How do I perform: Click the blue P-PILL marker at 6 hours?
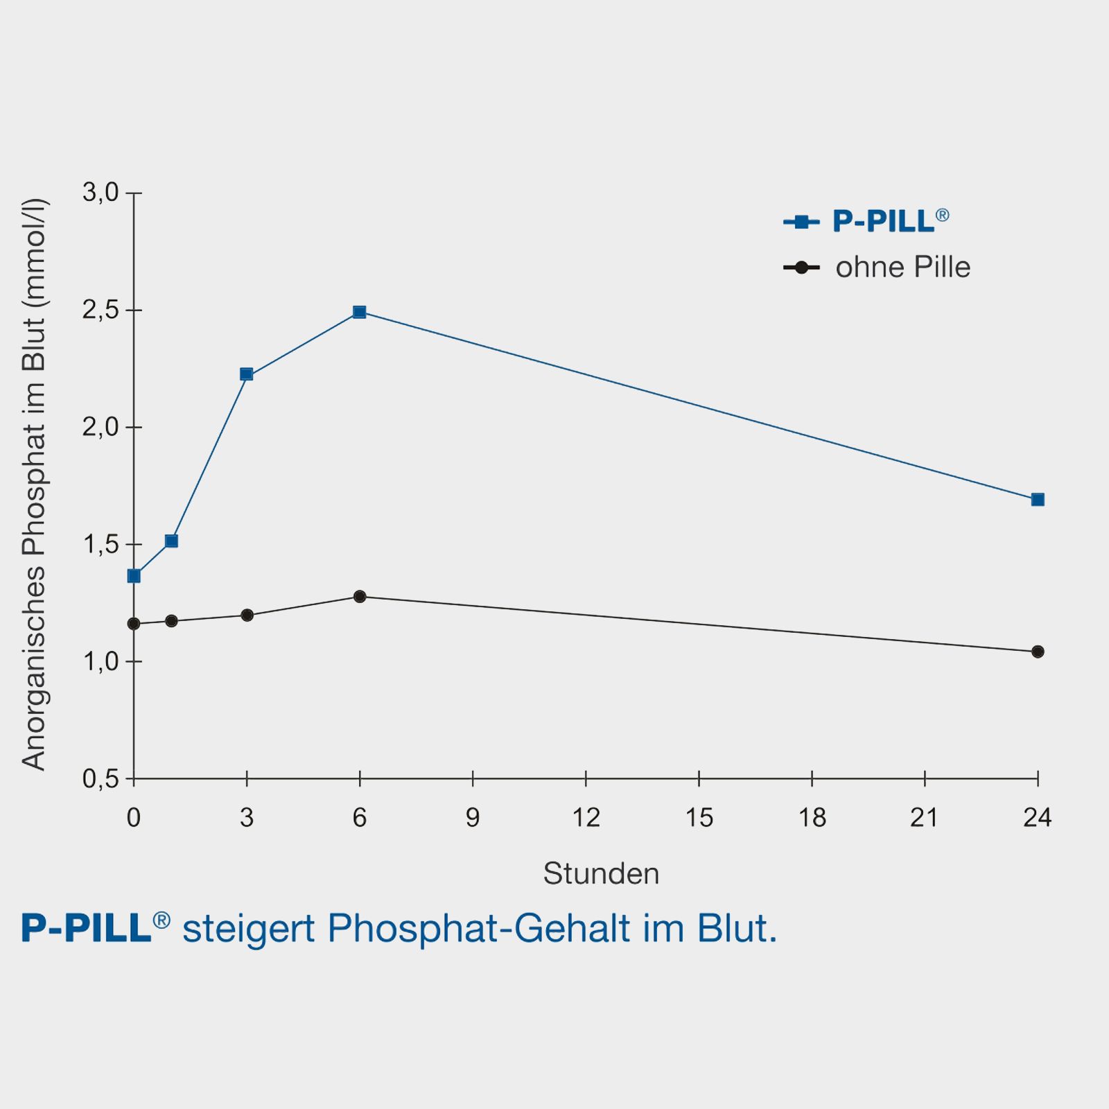click(x=359, y=312)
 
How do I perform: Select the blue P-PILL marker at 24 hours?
click(x=1038, y=500)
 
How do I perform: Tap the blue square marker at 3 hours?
click(x=246, y=374)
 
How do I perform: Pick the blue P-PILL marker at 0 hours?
click(x=134, y=576)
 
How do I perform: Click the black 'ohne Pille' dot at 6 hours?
click(x=359, y=596)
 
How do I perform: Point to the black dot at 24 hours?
click(x=1038, y=652)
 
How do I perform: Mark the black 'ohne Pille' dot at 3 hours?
click(x=247, y=615)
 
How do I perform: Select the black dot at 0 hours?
click(x=134, y=624)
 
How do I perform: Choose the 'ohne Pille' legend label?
click(x=902, y=268)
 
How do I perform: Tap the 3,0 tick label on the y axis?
click(x=101, y=193)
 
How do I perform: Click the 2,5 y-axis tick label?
click(x=101, y=311)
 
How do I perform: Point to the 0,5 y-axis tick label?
click(x=101, y=779)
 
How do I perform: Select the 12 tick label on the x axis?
click(x=586, y=818)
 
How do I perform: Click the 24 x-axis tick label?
click(x=1038, y=818)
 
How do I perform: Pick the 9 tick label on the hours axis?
click(x=473, y=818)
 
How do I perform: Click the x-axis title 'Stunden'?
click(x=601, y=873)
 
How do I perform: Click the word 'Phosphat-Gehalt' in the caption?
click(x=479, y=929)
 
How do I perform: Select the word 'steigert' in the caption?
click(x=249, y=929)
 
